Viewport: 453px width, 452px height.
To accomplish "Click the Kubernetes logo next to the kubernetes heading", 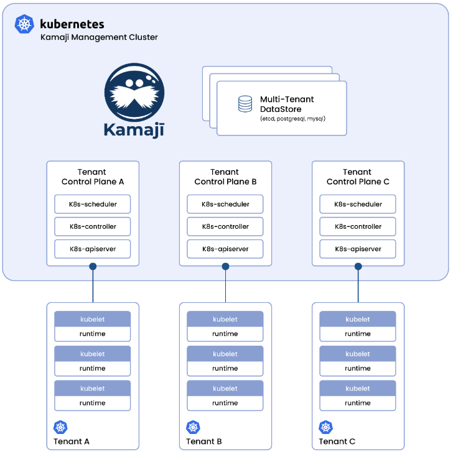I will (x=25, y=25).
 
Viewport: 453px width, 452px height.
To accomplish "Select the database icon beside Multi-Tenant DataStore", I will (x=245, y=104).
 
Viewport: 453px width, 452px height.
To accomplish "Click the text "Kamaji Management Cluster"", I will (x=99, y=37).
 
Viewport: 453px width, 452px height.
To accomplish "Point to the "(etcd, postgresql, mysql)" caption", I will (x=292, y=119).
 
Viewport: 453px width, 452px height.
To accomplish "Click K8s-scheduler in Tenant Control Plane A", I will (x=93, y=204).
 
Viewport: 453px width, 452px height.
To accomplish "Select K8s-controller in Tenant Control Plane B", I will (x=225, y=226).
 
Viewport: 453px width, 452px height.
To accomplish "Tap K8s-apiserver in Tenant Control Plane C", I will (x=358, y=249).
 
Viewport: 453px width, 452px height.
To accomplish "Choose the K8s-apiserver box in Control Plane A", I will (x=93, y=249).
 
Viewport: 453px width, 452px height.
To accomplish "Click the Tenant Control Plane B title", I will (x=225, y=177).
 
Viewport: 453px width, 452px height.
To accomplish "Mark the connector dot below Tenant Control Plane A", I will (x=93, y=267).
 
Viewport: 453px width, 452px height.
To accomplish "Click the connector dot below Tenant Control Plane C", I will (x=358, y=267).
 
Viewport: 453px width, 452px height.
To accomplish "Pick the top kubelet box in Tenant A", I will (x=93, y=319).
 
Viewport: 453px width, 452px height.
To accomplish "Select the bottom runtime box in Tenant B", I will (x=225, y=403).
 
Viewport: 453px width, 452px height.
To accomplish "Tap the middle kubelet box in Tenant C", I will (x=358, y=354).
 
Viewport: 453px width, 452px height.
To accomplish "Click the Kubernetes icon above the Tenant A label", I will (x=60, y=427).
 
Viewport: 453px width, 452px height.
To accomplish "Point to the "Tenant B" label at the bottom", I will (x=205, y=441).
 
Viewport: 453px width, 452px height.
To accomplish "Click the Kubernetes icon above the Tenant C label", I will (x=325, y=427).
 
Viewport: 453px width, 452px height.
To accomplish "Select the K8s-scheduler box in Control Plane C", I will (x=358, y=204).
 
